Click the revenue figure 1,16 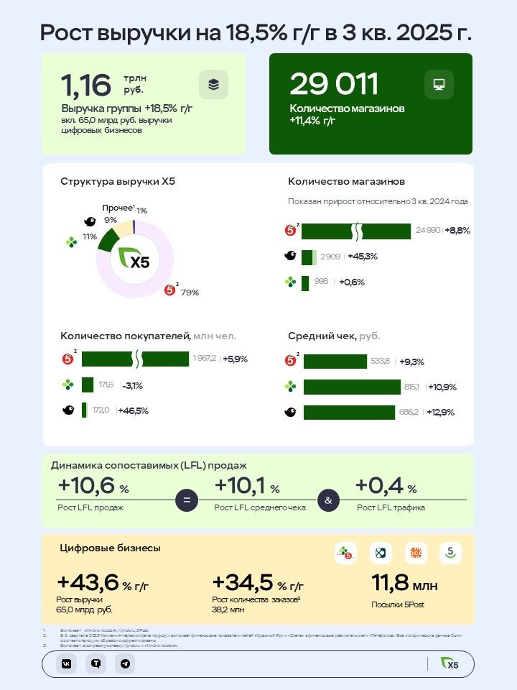pos(86,85)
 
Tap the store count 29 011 pos(334,84)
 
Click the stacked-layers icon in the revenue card pos(213,84)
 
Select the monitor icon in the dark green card pos(438,84)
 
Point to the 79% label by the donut pos(190,293)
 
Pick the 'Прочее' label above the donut pos(117,208)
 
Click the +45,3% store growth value pos(363,257)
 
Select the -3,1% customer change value pos(132,385)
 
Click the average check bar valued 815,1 pos(352,387)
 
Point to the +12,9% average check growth pos(441,412)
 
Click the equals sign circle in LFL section pos(187,500)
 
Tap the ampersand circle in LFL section pos(328,500)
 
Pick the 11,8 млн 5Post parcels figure pos(404,583)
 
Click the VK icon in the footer pos(66,664)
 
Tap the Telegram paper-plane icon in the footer pos(125,664)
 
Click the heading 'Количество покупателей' pos(126,336)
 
